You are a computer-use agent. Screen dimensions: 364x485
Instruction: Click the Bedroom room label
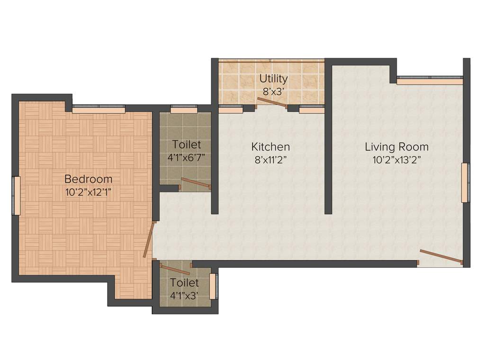click(x=89, y=179)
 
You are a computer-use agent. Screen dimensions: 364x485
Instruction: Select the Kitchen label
click(x=270, y=146)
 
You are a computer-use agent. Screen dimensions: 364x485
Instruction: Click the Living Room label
click(x=396, y=146)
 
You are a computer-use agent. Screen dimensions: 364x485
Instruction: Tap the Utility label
click(x=273, y=78)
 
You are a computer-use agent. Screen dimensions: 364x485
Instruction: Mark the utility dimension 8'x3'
click(x=273, y=91)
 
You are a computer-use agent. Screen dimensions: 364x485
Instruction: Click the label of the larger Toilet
click(x=187, y=144)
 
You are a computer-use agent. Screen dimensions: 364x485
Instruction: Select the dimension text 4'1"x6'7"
click(x=187, y=157)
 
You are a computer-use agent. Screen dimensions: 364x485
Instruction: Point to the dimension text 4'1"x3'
click(x=184, y=296)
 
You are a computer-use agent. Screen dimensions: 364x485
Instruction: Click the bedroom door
click(x=149, y=240)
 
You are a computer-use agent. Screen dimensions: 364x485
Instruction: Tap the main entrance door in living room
click(x=440, y=256)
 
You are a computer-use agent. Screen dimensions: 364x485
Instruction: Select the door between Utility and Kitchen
click(x=272, y=103)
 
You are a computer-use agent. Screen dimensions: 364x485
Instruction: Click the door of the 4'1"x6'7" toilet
click(x=196, y=183)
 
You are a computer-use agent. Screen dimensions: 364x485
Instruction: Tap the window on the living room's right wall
click(x=465, y=182)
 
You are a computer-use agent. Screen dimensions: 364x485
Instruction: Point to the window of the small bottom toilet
click(x=213, y=286)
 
